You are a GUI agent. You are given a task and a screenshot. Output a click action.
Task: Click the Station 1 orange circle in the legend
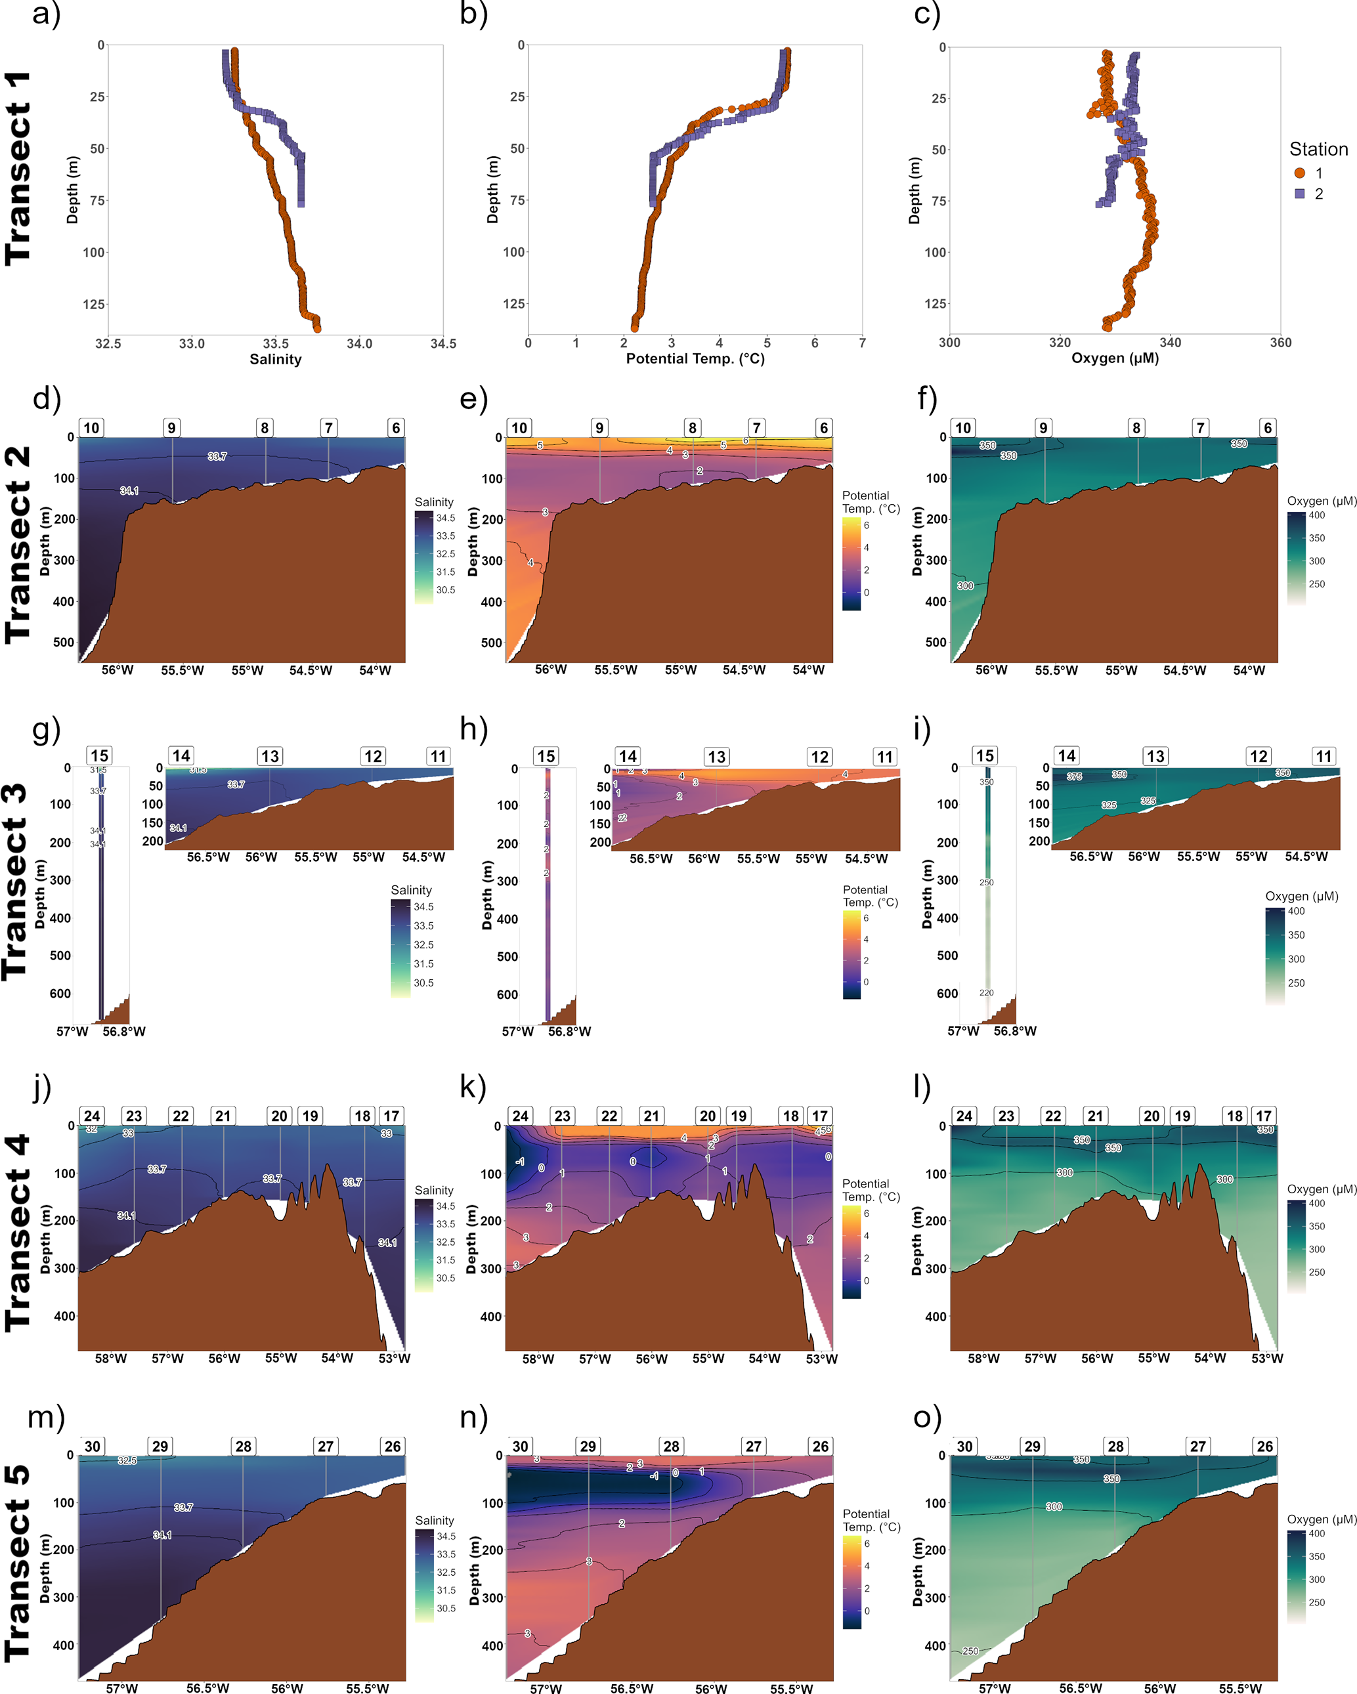1300,173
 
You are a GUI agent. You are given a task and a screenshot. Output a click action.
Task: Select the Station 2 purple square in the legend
1300,193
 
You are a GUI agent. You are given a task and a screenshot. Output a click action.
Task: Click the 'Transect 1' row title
19,168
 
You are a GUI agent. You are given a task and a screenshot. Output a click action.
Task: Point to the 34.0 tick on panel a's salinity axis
359,343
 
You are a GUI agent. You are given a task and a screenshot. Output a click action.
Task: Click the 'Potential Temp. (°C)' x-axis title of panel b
695,358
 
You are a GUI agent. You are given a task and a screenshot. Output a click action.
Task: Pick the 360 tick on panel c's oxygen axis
1280,342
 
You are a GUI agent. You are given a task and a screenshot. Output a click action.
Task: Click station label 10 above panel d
91,427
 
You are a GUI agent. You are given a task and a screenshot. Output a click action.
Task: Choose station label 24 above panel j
92,1116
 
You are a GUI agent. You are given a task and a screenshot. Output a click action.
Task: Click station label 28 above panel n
671,1446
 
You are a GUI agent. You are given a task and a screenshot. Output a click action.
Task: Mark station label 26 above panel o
1264,1446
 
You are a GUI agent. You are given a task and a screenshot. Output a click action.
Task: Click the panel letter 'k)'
473,1087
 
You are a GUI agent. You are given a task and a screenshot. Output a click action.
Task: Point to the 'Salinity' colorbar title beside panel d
434,501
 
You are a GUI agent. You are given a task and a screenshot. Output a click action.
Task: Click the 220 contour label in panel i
986,993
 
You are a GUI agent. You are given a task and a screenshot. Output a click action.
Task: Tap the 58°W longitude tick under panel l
983,1359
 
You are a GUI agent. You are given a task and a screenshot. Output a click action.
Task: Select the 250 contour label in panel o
970,1651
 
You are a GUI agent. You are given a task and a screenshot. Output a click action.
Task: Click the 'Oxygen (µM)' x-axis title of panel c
1115,358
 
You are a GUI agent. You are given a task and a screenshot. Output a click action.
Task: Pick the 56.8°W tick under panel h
570,1031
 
